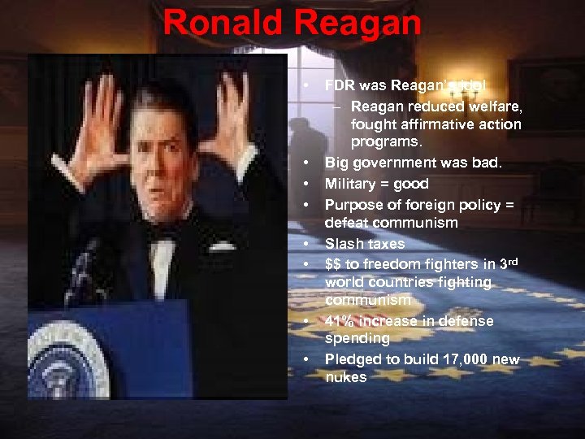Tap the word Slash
click(342, 243)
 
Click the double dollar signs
click(333, 263)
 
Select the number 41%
click(340, 321)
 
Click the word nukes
click(345, 377)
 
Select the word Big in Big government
click(336, 163)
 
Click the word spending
click(357, 338)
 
